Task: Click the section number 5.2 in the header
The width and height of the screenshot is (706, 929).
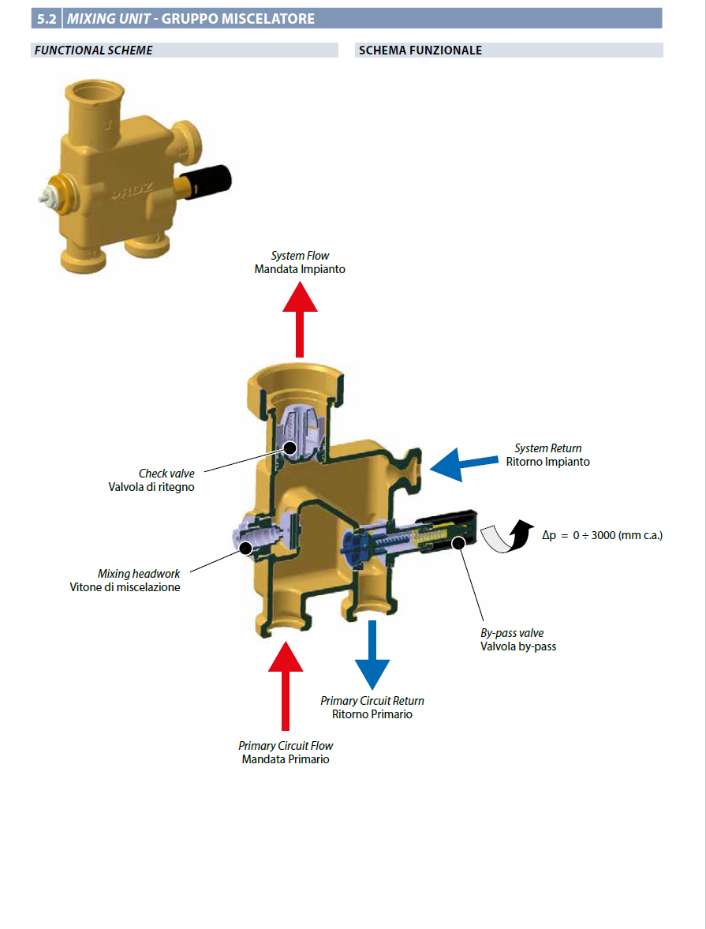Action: coord(47,18)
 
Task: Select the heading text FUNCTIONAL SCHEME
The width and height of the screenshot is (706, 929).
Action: coord(94,51)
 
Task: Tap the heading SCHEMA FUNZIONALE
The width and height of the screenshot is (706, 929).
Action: coord(420,51)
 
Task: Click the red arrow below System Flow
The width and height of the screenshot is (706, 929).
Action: coord(300,320)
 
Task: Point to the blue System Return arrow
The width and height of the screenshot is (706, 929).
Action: coord(464,464)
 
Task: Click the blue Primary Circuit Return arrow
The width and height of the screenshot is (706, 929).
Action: coord(372,654)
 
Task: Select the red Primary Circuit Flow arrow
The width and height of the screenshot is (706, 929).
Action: coord(286,685)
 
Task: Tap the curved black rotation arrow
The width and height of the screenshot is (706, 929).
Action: coord(507,536)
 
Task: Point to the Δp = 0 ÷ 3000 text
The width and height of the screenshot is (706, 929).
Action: coord(603,535)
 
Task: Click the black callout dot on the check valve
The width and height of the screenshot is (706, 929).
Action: coord(289,448)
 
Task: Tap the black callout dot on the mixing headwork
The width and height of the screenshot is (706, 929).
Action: coord(246,548)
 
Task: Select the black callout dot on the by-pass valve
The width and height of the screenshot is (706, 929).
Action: coord(458,542)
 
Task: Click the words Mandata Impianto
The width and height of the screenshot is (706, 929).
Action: coord(300,269)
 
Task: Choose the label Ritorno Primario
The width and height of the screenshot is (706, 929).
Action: coord(372,714)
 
